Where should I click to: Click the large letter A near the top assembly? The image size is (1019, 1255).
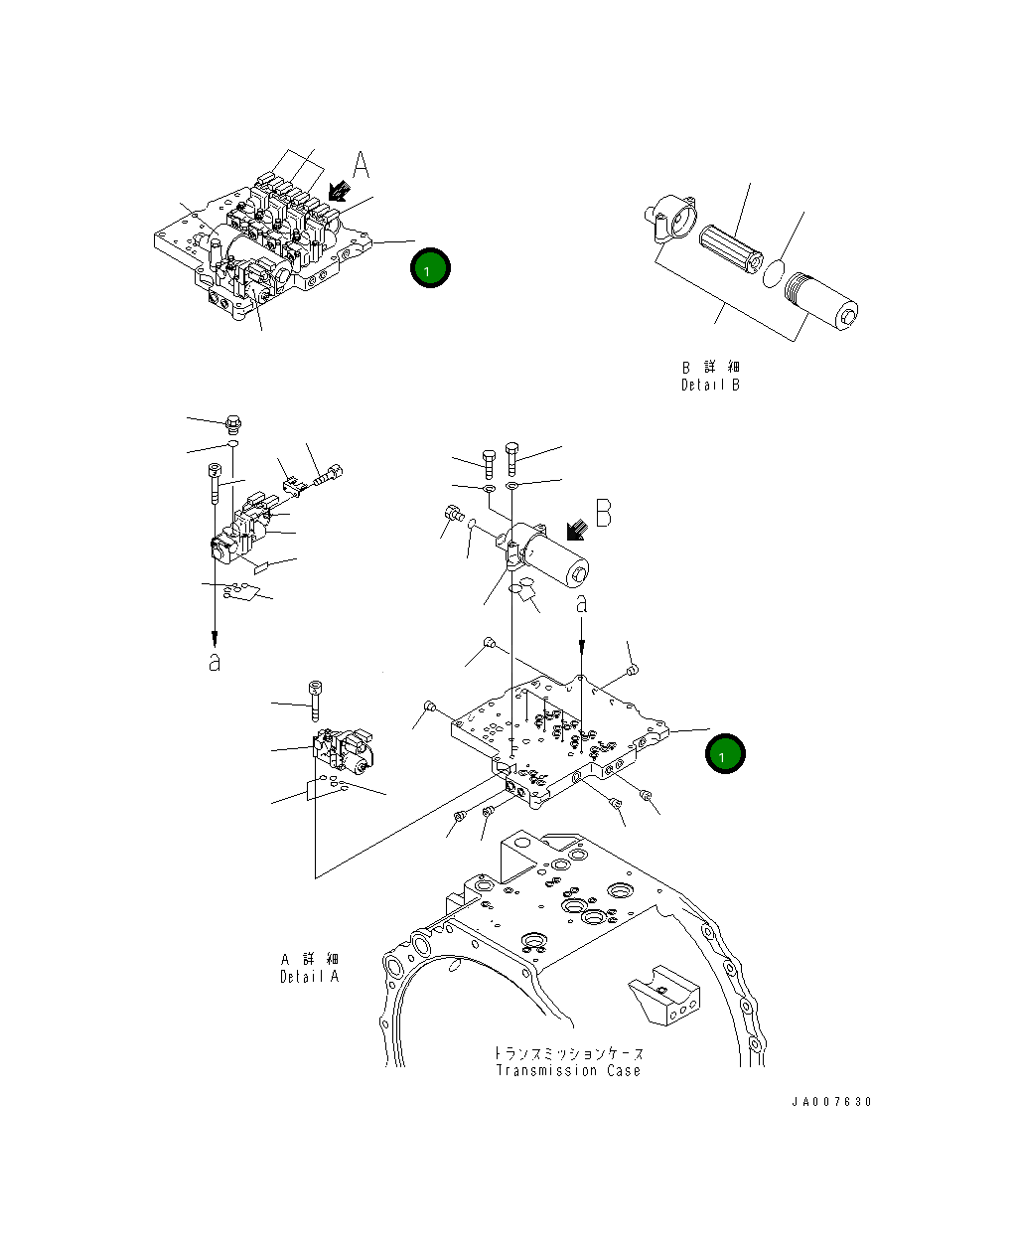(362, 166)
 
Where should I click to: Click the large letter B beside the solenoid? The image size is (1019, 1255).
(603, 513)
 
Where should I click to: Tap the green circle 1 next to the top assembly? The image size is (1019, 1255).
(430, 268)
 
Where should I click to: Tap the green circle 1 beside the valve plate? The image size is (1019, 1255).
(725, 754)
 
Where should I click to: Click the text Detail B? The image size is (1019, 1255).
(710, 385)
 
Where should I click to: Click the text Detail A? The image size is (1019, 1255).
(309, 976)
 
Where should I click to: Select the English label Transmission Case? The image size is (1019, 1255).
(568, 1070)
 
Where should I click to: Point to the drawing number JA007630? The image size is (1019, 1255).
(831, 1102)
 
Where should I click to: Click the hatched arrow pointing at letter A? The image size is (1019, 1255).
(338, 191)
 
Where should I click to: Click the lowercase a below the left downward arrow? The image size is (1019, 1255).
(214, 662)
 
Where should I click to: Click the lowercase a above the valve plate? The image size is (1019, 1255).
(582, 602)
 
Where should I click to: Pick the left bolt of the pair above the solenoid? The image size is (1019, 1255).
(489, 461)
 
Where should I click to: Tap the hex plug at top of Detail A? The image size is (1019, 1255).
(234, 424)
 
